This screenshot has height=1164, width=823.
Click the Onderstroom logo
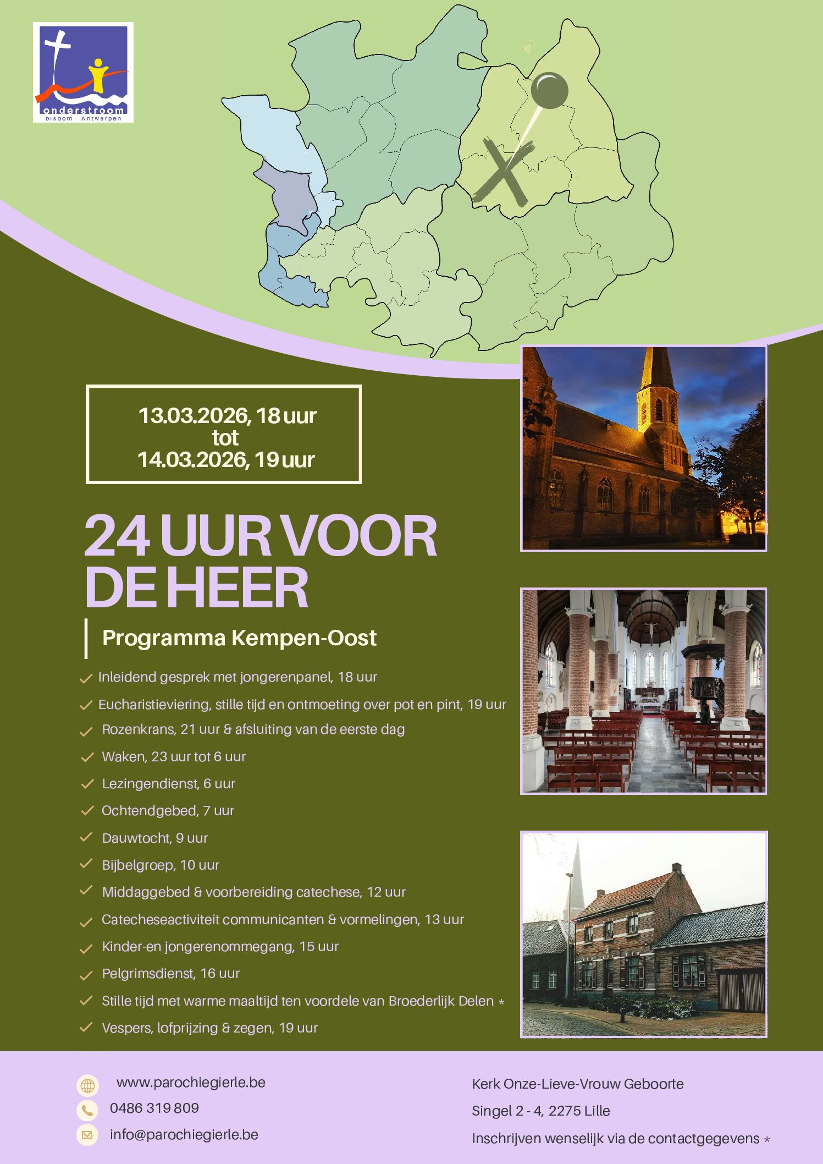coord(83,72)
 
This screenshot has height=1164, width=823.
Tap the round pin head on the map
coord(549,90)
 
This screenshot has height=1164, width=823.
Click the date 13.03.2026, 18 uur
coord(227,416)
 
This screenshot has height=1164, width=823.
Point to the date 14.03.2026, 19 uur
coord(225,460)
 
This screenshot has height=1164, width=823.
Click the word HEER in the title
coord(236,588)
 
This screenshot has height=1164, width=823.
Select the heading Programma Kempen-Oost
coord(239,638)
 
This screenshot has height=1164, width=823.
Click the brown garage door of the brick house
coord(742,992)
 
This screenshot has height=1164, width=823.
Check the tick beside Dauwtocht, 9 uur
coord(86,837)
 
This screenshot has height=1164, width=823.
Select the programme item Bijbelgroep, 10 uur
coord(161,865)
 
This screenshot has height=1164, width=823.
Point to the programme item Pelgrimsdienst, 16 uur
coord(170,974)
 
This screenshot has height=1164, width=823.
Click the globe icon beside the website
coord(87,1085)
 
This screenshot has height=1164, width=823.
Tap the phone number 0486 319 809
coord(154,1108)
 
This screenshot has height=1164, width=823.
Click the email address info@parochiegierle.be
coord(184,1135)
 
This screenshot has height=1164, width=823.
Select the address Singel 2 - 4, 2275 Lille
coord(541,1111)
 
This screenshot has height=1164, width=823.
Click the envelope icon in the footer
coord(87,1135)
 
